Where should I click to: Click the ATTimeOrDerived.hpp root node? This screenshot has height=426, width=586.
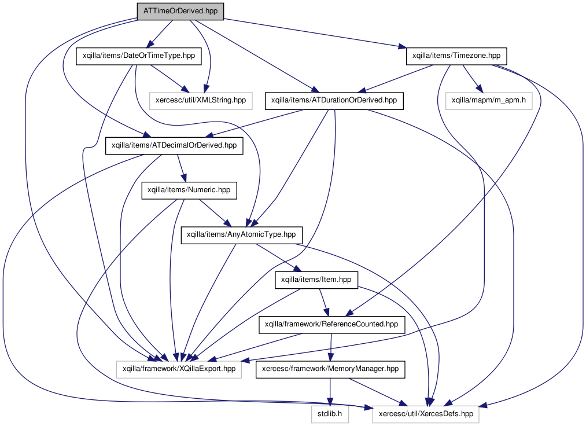pyautogui.click(x=180, y=11)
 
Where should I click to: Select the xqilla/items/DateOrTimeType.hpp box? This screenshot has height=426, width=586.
pyautogui.click(x=139, y=56)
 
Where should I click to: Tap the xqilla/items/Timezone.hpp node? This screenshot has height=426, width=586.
pyautogui.click(x=456, y=56)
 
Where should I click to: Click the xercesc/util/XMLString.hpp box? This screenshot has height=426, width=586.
pyautogui.click(x=201, y=101)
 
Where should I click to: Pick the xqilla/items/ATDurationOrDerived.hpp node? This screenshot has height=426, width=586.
pyautogui.click(x=334, y=101)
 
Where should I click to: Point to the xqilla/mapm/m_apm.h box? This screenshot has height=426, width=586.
pyautogui.click(x=488, y=101)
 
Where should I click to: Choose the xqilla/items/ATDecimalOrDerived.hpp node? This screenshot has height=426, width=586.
pyautogui.click(x=174, y=145)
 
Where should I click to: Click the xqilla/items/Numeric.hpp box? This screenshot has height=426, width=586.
pyautogui.click(x=189, y=190)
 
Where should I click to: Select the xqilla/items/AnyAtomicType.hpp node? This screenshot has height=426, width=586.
pyautogui.click(x=241, y=235)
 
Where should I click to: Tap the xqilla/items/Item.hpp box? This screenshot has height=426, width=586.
pyautogui.click(x=316, y=280)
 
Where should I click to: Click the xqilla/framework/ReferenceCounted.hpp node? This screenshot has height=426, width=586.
pyautogui.click(x=331, y=324)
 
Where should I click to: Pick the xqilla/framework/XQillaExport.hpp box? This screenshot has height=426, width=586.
pyautogui.click(x=179, y=369)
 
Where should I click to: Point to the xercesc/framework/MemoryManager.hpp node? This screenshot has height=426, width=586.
pyautogui.click(x=330, y=369)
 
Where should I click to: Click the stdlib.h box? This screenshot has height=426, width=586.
pyautogui.click(x=330, y=414)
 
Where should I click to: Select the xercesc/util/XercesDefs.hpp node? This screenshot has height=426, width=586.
pyautogui.click(x=426, y=414)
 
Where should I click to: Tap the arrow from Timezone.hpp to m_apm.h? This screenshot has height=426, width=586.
pyautogui.click(x=472, y=79)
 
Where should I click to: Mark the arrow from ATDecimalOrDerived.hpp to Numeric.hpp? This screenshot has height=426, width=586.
pyautogui.click(x=181, y=168)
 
